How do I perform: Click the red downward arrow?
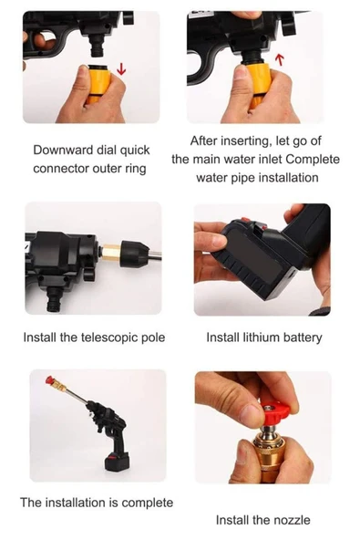[x=121, y=68]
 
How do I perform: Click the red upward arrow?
[x=280, y=59]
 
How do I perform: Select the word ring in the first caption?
[x=135, y=169]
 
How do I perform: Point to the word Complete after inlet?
[x=313, y=160]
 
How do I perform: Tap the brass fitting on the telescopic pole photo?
[x=110, y=254]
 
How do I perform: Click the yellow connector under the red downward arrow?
[x=98, y=84]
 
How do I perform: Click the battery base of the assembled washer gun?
[x=117, y=462]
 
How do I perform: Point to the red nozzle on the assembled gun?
[x=51, y=380]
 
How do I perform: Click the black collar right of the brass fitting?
[x=134, y=254]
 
